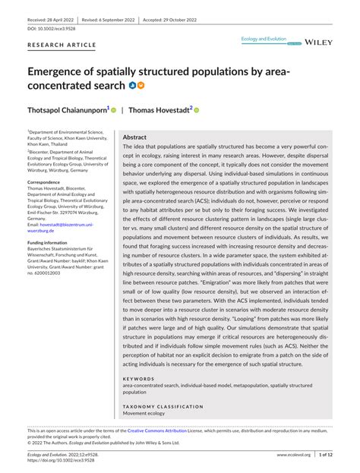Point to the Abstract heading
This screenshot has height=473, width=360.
click(x=136, y=137)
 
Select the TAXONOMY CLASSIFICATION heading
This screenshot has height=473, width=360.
click(x=163, y=406)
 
